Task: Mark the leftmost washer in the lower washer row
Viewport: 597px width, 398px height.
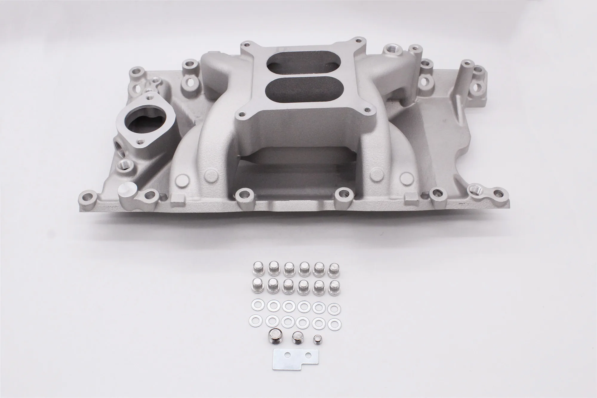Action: pos(255,320)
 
